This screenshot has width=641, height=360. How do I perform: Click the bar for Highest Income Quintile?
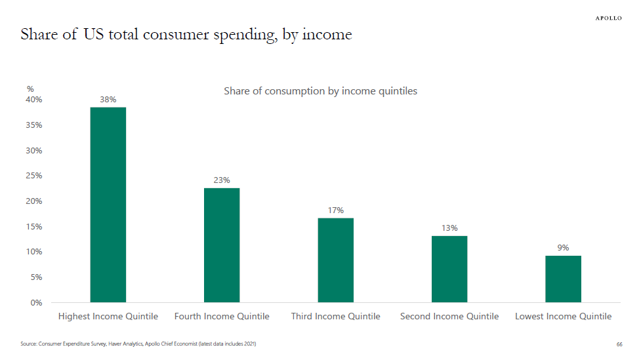[x=108, y=205]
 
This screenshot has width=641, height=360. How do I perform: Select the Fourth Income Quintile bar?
[x=222, y=245]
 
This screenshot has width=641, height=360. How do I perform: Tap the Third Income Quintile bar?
[x=335, y=260]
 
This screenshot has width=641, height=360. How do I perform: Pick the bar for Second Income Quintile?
[x=449, y=269]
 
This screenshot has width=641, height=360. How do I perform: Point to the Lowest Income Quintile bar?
[x=563, y=279]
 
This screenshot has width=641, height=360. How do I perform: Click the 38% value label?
[x=108, y=100]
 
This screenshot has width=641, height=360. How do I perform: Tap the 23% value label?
[x=222, y=180]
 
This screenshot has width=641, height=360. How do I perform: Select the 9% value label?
[x=563, y=248]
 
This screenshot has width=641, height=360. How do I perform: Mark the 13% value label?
[x=449, y=228]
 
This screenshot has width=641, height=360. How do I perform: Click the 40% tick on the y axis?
[x=34, y=100]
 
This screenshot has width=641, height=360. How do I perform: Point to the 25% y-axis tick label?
[x=34, y=176]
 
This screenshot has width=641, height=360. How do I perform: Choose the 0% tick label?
[x=36, y=303]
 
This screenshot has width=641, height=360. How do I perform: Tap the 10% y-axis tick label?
[x=34, y=252]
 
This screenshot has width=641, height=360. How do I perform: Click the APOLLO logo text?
[x=608, y=18]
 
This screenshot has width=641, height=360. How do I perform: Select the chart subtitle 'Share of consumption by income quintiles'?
[x=320, y=91]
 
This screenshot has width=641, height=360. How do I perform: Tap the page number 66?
[x=619, y=344]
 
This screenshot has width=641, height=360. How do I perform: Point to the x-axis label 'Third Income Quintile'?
[x=335, y=317]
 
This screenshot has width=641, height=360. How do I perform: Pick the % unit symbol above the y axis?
[x=30, y=89]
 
